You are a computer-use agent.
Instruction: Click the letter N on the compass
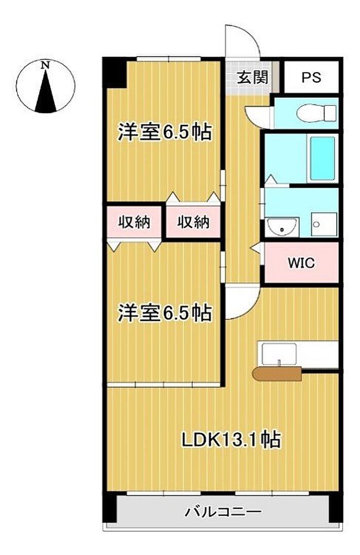45,65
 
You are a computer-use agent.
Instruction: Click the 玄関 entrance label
253,77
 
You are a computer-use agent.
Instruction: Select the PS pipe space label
311,77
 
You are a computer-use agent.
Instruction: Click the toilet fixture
316,113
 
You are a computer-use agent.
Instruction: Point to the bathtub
322,158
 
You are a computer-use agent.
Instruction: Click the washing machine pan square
324,224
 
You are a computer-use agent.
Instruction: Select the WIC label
301,263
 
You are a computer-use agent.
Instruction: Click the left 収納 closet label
134,222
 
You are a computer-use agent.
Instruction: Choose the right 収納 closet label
193,222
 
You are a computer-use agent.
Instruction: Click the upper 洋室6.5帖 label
165,132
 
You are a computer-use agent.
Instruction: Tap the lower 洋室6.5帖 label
165,313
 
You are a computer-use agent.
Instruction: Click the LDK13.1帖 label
231,439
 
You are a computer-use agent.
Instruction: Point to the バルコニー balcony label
223,512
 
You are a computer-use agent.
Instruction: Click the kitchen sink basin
279,354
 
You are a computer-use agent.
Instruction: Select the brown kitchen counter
277,374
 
